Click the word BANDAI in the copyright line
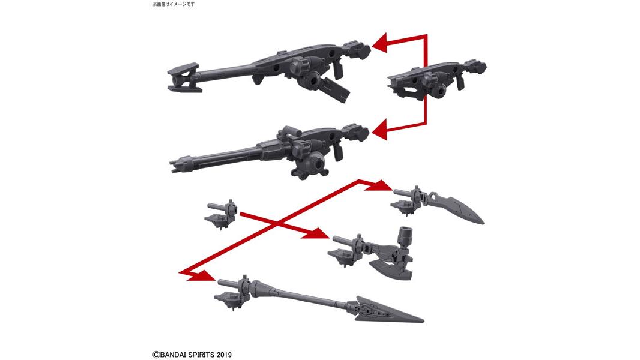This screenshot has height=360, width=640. pos(174,355)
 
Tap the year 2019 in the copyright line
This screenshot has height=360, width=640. pos(223,355)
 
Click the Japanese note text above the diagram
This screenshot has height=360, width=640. pos(174,4)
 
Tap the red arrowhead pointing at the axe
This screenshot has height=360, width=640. pos(321,235)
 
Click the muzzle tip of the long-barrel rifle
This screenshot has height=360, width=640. pos(183,76)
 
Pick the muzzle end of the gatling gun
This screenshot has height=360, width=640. pos(175,164)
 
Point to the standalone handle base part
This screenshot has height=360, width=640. pos(220,213)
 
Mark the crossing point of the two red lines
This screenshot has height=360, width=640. pos(278,223)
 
